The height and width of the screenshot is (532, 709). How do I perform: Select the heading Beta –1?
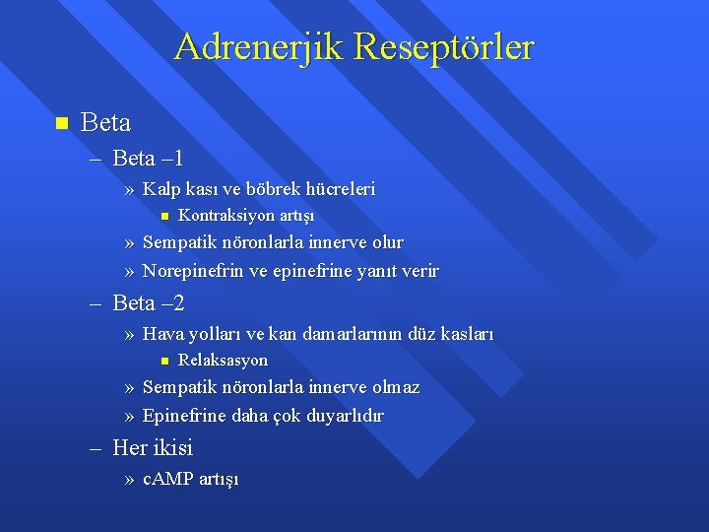point(149,158)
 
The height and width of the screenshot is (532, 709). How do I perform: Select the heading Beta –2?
point(149,303)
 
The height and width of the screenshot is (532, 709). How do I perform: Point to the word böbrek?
point(287,188)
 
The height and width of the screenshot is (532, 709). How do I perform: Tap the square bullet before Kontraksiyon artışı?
point(165,215)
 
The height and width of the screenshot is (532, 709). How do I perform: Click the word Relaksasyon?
point(223,361)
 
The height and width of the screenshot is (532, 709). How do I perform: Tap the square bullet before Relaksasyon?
point(165,361)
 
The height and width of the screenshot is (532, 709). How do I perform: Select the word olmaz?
point(393,387)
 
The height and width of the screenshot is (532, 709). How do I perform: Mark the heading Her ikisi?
point(153,447)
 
